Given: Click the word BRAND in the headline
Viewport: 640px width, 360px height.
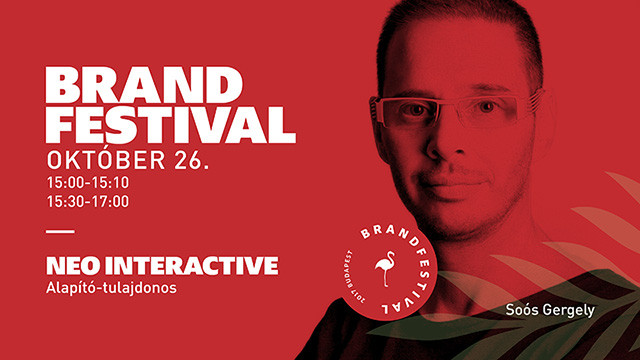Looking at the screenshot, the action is pos(144,85).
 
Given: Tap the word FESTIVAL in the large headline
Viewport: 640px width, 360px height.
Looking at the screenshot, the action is pos(171,124).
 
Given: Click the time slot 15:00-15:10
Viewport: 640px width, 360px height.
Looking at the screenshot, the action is pos(88,182).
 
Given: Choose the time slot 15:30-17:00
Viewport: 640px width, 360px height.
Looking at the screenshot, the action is pos(88,201).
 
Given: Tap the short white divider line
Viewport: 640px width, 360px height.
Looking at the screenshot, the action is pos(60,232).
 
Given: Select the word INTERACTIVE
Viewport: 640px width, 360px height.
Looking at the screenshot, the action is pos(191,266).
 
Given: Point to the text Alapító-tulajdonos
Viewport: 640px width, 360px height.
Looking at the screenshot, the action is pos(111,288).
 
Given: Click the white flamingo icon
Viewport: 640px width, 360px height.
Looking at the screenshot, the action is pos(384,268).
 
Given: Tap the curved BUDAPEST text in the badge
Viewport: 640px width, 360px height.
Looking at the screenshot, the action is pos(348,270).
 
